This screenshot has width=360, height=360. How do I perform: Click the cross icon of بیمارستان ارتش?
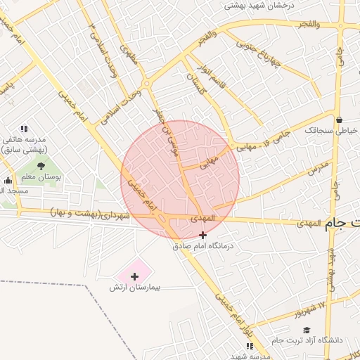pos(135,276)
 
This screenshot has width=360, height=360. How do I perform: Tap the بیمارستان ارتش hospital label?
pos(135,288)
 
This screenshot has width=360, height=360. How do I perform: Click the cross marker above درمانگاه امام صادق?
pos(204,235)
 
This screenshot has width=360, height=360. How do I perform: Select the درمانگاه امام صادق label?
pos(207,247)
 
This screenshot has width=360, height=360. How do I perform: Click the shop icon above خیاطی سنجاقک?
pos(340,119)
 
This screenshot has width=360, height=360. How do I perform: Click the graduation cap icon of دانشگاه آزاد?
pos(306,330)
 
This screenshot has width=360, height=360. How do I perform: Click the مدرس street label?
pos(317,168)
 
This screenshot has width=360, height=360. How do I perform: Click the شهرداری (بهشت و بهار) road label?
pos(91,214)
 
